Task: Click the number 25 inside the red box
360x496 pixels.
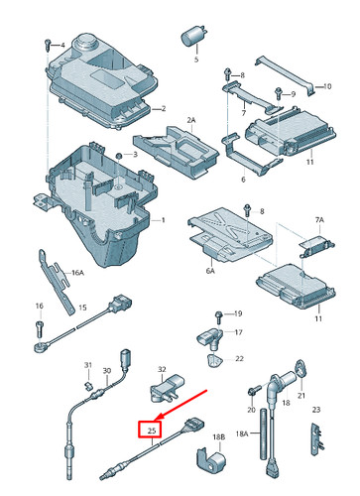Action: click(x=152, y=431)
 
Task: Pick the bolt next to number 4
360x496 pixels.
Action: click(x=47, y=46)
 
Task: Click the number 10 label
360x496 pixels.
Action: click(x=325, y=87)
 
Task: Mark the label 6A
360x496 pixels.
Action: click(x=209, y=268)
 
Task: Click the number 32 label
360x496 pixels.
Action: click(x=164, y=369)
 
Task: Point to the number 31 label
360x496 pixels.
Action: click(x=87, y=366)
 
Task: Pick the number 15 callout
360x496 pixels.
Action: click(x=83, y=308)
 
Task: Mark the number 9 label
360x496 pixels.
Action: click(x=293, y=94)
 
